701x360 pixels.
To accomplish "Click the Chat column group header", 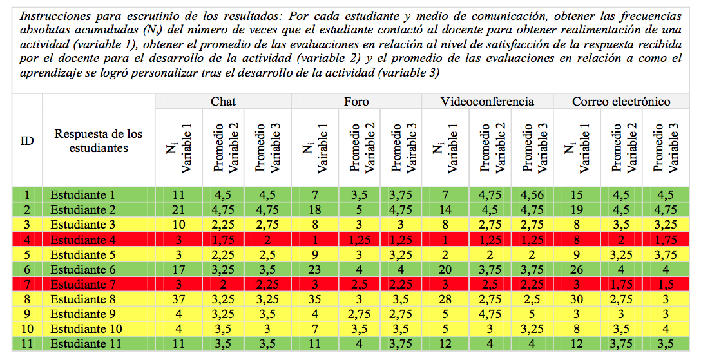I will click(223, 102).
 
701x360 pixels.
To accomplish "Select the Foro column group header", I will click(356, 102).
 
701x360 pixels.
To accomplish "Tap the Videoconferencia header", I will click(487, 102).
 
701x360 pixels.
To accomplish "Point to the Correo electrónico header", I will click(621, 102).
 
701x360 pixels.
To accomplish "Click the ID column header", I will click(27, 140).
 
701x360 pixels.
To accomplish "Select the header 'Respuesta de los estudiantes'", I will click(99, 140).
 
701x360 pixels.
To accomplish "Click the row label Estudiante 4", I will click(83, 240).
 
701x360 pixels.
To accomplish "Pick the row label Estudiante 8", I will click(83, 299).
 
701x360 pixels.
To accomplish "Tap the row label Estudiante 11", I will click(86, 344).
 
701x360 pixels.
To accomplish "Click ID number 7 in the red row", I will click(27, 285).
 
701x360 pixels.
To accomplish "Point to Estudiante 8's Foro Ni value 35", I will click(314, 299).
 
